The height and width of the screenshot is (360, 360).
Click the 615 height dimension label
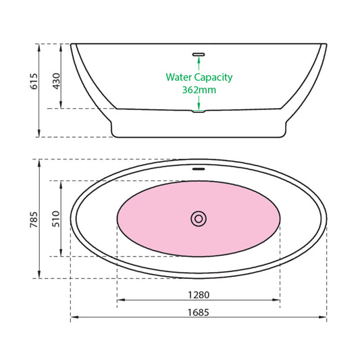(x=34, y=81)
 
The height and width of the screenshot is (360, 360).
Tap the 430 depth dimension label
(x=56, y=81)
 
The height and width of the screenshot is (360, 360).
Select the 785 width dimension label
(x=34, y=220)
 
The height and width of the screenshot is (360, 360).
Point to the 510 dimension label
(x=56, y=219)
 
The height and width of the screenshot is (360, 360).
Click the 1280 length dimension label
(x=199, y=294)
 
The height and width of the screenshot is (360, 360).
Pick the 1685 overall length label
(x=199, y=313)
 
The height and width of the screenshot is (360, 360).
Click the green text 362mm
(x=199, y=90)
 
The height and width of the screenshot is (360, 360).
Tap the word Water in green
(x=179, y=77)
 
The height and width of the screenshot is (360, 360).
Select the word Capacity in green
(x=213, y=78)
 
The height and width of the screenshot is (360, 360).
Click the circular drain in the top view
(x=199, y=219)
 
